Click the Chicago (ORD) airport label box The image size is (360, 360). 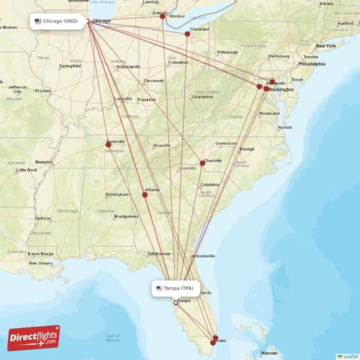pos(58,22)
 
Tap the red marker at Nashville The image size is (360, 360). pos(109,145)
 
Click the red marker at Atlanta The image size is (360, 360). pos(145,194)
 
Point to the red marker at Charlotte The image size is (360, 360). pos(203,163)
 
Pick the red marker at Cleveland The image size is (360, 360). pos(187,34)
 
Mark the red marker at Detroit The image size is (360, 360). pos(163,16)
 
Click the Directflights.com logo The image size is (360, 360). pos(34,337)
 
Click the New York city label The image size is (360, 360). pos(325,45)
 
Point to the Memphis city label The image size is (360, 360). pos(45,162)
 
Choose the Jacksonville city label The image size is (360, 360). pos(202,256)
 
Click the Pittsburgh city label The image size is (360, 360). pos(228,52)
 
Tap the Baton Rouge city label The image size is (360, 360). pos(40,253)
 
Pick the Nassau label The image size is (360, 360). pos(269,354)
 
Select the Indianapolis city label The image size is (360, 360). pos(128,66)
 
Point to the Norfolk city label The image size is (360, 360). pos(285,127)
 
